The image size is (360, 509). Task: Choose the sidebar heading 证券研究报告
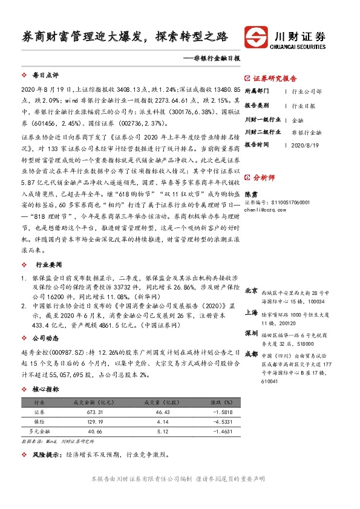click(x=275, y=78)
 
